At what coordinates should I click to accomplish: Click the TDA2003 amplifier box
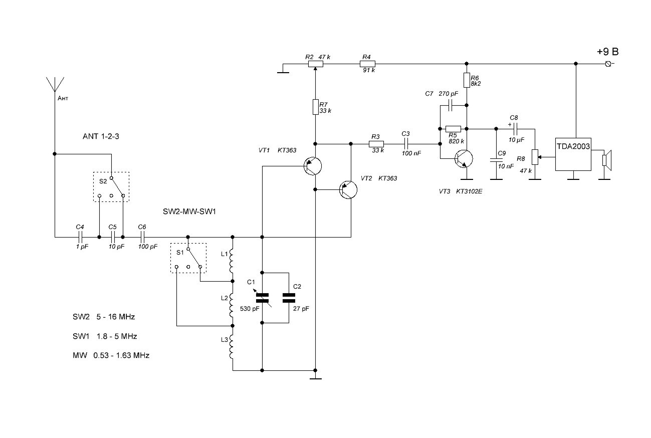click(573, 154)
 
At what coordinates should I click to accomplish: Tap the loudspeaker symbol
click(607, 160)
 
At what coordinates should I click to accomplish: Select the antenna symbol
click(55, 84)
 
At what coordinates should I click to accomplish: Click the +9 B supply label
click(608, 52)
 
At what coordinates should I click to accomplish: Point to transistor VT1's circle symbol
click(313, 166)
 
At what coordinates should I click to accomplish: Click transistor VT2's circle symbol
click(348, 190)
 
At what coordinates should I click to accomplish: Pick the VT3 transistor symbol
click(464, 159)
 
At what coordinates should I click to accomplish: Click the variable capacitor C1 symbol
click(263, 298)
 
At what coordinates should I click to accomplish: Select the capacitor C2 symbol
click(289, 298)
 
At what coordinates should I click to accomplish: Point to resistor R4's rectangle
click(368, 64)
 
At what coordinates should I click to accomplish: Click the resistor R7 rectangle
click(316, 107)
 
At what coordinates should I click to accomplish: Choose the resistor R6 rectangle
click(467, 80)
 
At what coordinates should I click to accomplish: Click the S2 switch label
click(103, 181)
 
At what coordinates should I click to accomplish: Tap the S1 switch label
click(180, 253)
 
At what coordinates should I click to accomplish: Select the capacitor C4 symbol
click(80, 238)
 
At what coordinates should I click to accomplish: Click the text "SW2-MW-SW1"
click(189, 211)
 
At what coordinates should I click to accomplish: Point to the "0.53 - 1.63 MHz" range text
click(121, 355)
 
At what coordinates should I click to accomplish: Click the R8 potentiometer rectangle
click(535, 157)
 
